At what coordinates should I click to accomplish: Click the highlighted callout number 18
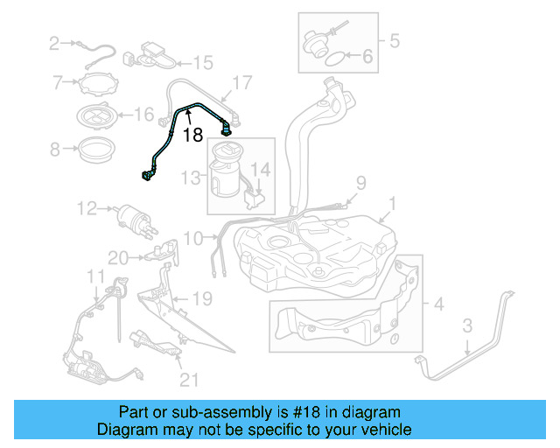(x=193, y=135)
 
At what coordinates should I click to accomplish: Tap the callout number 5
(x=394, y=39)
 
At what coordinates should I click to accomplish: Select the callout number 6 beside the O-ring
(x=367, y=59)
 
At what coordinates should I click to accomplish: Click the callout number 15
(x=203, y=62)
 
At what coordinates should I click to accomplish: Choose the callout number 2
(x=54, y=42)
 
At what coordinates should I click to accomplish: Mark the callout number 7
(x=59, y=83)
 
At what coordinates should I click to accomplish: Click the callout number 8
(x=55, y=150)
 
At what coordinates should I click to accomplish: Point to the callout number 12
(x=86, y=208)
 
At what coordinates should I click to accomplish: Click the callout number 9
(x=360, y=183)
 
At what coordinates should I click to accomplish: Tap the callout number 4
(x=438, y=304)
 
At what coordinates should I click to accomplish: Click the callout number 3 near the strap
(x=467, y=325)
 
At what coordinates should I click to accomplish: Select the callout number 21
(x=189, y=379)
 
